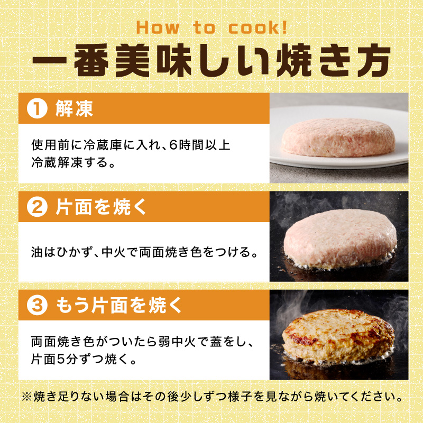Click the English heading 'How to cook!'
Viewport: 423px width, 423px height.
[x=211, y=27]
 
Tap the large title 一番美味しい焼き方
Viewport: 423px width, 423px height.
[x=211, y=62]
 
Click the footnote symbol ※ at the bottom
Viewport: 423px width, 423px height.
[x=27, y=397]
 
